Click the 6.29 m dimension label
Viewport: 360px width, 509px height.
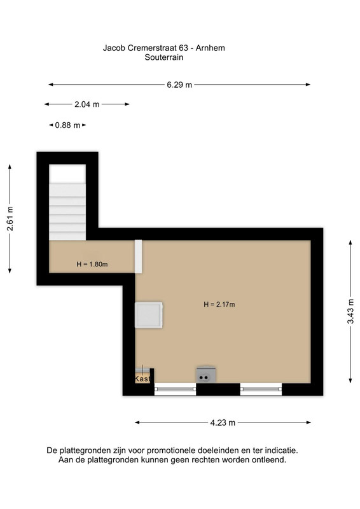[x=179, y=85]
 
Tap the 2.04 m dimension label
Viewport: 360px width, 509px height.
[x=87, y=104]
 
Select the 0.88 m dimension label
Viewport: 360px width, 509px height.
[x=67, y=125]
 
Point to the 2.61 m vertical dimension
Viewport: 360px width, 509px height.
[x=10, y=219]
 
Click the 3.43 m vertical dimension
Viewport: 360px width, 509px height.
[x=350, y=311]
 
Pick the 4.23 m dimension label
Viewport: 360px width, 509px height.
[x=223, y=422]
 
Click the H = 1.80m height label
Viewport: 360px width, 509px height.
[x=92, y=264]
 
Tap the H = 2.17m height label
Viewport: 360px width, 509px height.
[x=219, y=305]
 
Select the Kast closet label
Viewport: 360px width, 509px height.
[x=142, y=379]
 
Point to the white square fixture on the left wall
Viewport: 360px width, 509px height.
[x=149, y=315]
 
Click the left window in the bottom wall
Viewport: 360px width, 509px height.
[x=175, y=389]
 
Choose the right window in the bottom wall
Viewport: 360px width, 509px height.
[x=261, y=389]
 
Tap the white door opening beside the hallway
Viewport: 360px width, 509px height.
[x=139, y=256]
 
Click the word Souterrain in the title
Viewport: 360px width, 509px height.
[x=164, y=57]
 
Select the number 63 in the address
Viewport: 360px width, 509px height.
[x=183, y=48]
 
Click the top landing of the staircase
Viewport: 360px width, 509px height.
[x=67, y=174]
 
